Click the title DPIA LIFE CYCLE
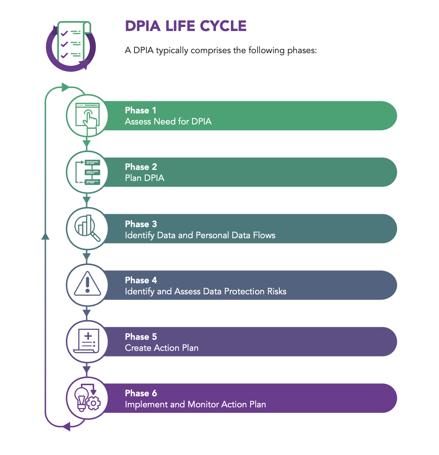coord(186,26)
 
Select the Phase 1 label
coord(140,110)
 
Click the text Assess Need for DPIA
coord(168,122)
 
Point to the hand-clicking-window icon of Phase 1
coord(87,116)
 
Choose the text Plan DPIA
coord(144,178)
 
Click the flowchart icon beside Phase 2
coord(87,172)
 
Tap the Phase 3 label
coord(141,224)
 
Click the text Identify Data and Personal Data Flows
coord(200,235)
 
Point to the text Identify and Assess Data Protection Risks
coord(205,291)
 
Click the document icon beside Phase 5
coord(87,341)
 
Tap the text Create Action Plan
coord(161,348)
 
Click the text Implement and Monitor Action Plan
coord(195,404)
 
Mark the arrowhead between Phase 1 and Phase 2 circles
coord(87,144)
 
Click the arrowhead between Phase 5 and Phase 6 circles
coord(87,369)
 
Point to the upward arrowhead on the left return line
coord(45,236)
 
